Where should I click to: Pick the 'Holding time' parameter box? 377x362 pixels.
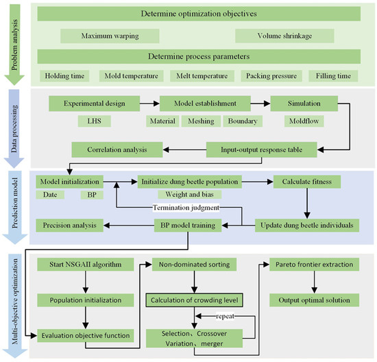pos(66,75)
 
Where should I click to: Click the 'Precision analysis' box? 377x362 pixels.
pos(72,224)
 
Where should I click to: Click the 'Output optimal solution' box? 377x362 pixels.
pos(314,300)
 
